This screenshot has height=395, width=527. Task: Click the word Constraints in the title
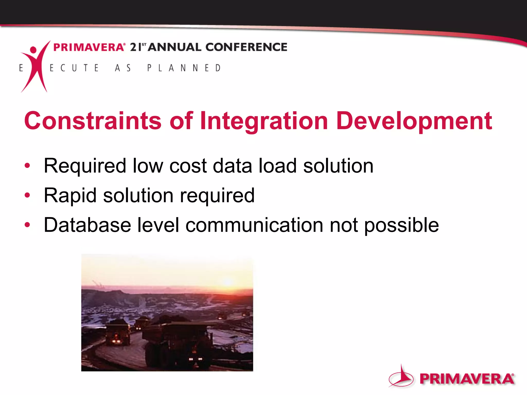93,121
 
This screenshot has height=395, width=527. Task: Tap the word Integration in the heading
264,121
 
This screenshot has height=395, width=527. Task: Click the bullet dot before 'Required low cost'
27,165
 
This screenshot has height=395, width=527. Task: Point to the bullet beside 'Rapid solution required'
27,195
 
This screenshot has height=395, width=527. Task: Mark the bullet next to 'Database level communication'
27,225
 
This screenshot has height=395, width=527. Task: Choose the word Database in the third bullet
87,225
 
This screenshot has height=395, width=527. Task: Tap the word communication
254,225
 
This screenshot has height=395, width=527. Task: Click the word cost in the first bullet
188,166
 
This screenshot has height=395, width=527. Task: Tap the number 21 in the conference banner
136,47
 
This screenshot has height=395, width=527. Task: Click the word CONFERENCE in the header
246,47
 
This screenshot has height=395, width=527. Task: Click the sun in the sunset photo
228,281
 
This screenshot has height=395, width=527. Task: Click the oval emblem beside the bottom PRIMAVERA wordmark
401,377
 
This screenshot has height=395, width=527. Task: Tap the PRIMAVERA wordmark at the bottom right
467,379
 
